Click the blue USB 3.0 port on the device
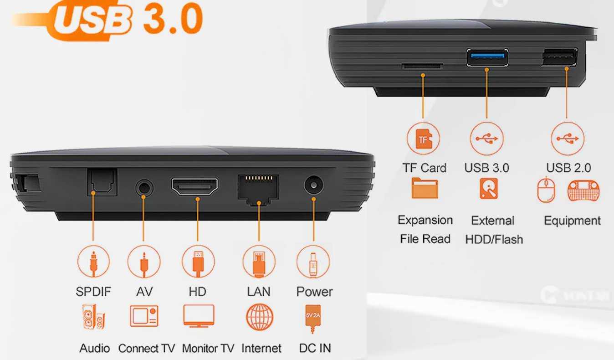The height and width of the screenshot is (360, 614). (487, 57)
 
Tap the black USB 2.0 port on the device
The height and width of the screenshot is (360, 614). (560, 57)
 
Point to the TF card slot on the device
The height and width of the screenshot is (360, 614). (422, 66)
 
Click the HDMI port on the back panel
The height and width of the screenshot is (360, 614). (194, 186)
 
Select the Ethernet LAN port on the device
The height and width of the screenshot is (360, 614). (258, 190)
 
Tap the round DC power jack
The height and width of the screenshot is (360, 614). (313, 185)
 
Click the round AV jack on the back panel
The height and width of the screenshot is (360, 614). (144, 188)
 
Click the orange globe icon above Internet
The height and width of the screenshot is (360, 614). (259, 317)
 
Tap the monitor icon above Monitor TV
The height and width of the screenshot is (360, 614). (199, 316)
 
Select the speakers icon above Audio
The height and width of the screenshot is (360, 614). (93, 317)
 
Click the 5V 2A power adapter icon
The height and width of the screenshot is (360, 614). (312, 319)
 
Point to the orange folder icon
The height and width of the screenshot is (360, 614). (425, 188)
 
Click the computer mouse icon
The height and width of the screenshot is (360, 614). (546, 190)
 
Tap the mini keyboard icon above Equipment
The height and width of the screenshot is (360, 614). (583, 190)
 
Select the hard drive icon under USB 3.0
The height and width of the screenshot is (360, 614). (488, 189)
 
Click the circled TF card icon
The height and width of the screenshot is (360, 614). (423, 139)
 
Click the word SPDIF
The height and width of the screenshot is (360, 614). (93, 292)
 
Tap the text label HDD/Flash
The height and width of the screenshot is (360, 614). (494, 239)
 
